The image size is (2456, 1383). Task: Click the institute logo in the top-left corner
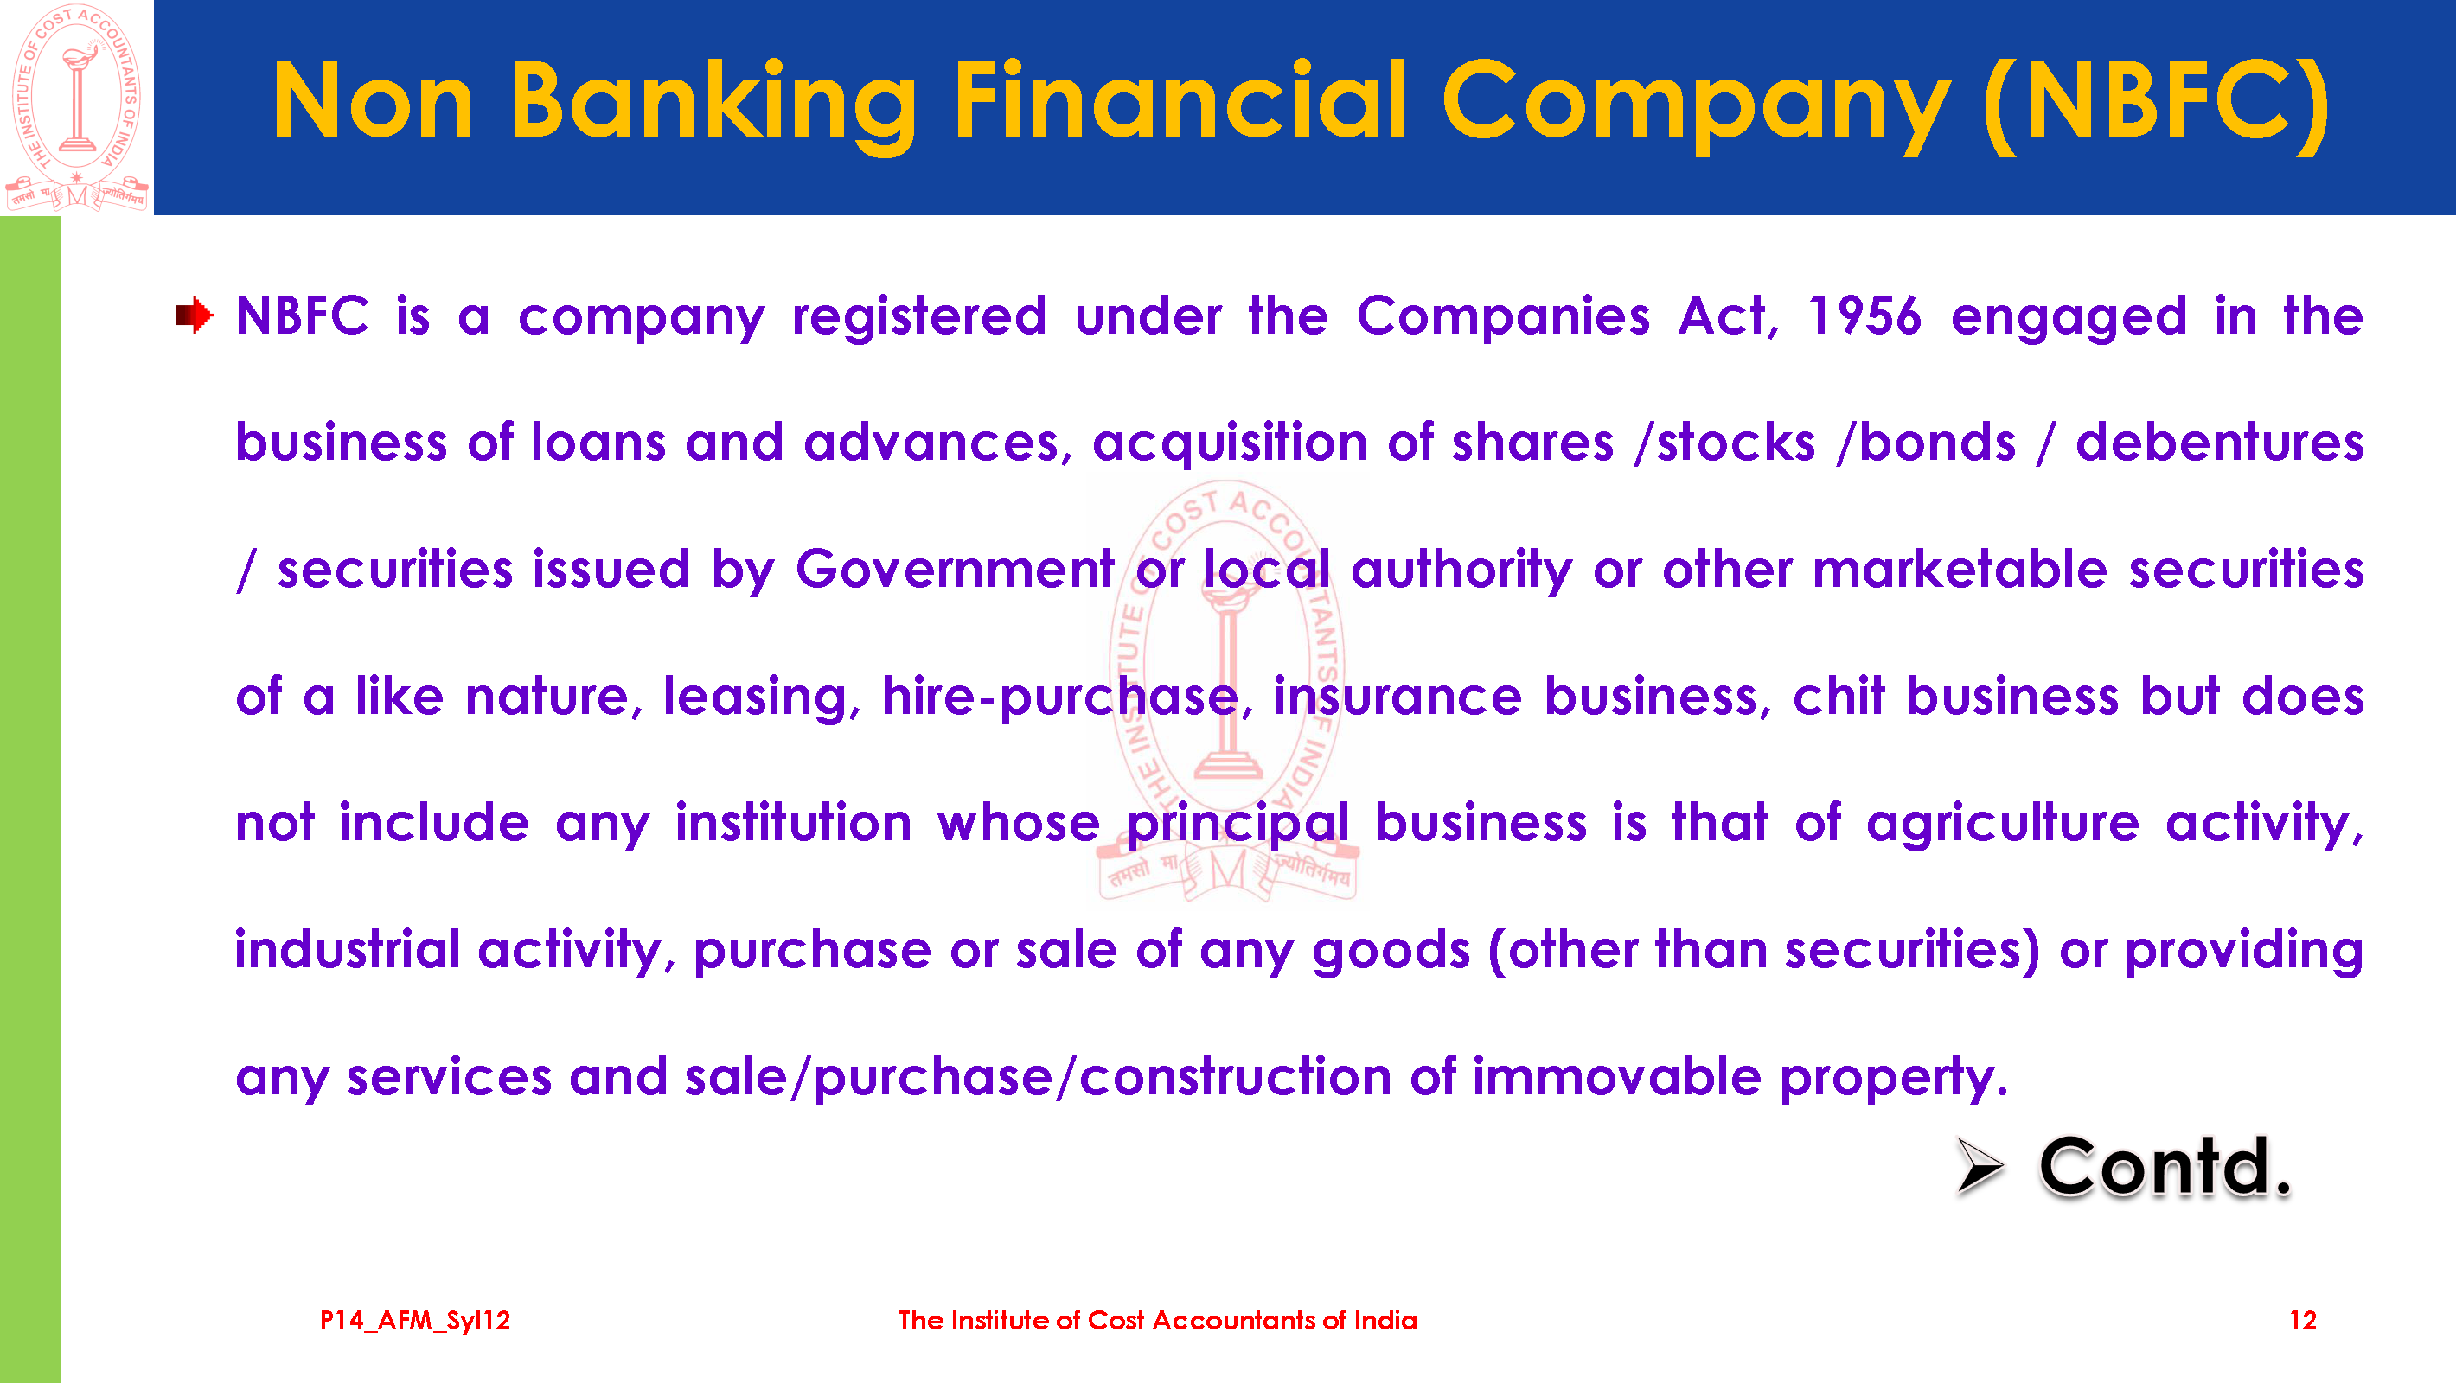(x=76, y=107)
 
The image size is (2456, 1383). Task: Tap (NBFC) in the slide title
(x=2156, y=103)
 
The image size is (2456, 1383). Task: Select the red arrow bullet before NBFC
(x=195, y=315)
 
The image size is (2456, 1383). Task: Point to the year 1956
(x=1864, y=315)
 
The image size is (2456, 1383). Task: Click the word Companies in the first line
(x=1503, y=315)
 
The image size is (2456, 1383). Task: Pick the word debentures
(x=2220, y=443)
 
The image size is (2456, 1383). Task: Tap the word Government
(x=956, y=569)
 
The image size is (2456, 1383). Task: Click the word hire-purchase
(x=1060, y=697)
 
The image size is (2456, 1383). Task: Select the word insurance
(x=1397, y=696)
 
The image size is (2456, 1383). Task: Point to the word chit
(x=1839, y=696)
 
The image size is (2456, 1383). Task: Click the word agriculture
(x=2003, y=824)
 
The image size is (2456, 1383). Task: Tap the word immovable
(x=1617, y=1076)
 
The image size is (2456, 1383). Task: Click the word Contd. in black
(x=2165, y=1167)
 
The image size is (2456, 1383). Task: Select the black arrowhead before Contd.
(x=1980, y=1166)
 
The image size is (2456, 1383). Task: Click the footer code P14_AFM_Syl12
(x=415, y=1320)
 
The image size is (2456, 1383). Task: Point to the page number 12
(x=2302, y=1320)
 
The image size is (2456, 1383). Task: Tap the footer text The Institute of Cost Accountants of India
(x=1157, y=1320)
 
